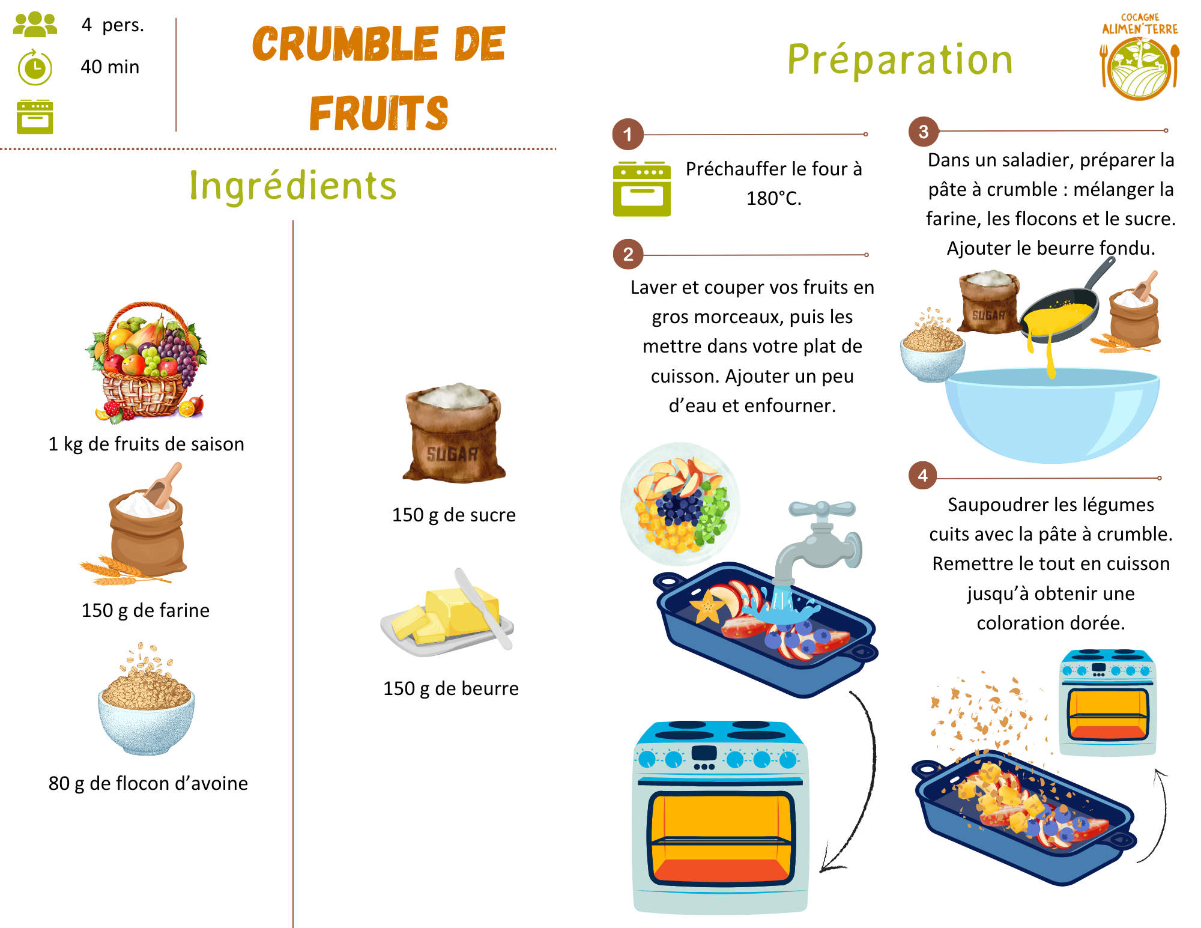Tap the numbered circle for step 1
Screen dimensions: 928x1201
pos(628,134)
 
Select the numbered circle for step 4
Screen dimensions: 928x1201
pos(923,476)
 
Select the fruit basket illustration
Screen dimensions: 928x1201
pos(146,360)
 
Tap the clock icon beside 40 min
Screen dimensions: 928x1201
pos(35,67)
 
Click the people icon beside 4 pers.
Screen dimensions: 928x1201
pos(35,25)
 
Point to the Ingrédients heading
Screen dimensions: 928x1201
pos(293,186)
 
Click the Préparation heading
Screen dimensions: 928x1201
pos(900,60)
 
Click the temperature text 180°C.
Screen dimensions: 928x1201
pos(773,198)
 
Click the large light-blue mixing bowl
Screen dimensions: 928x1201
pos(1052,414)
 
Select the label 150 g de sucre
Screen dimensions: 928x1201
pos(453,515)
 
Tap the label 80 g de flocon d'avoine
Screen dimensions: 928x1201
pos(148,783)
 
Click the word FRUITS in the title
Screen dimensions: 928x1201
pos(379,114)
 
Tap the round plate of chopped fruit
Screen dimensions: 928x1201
pos(680,503)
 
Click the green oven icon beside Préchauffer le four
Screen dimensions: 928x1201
pos(641,189)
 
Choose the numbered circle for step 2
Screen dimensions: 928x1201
pos(628,255)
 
